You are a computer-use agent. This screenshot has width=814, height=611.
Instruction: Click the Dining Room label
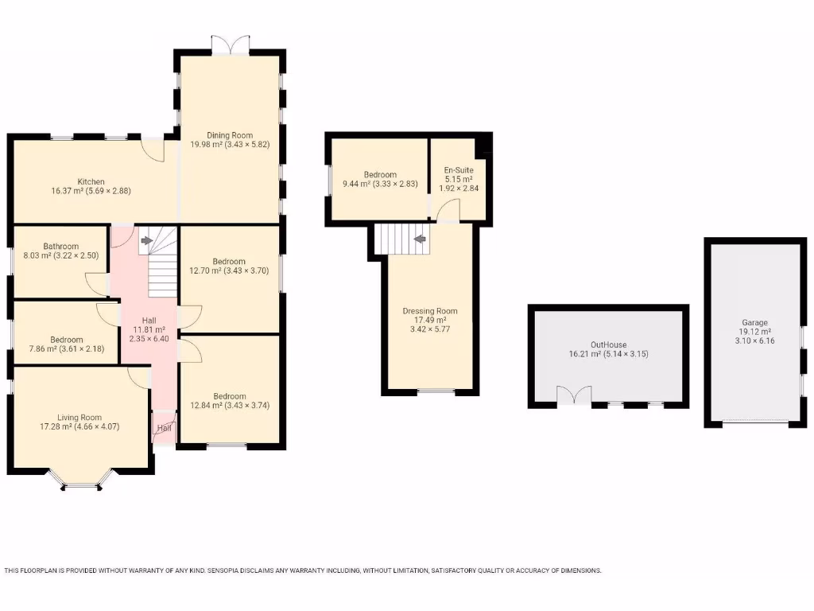click(229, 134)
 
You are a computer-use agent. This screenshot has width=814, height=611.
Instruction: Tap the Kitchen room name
click(91, 181)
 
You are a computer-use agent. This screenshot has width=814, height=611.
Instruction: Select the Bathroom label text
click(61, 246)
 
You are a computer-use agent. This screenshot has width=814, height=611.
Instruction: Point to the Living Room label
click(79, 417)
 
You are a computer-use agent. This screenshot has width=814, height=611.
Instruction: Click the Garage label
click(754, 322)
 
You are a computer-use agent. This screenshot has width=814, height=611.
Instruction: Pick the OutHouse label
click(608, 344)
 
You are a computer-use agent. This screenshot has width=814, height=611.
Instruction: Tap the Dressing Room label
click(430, 310)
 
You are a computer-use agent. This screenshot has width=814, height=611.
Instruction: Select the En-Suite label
click(458, 169)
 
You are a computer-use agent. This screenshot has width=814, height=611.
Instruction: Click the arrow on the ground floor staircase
click(146, 239)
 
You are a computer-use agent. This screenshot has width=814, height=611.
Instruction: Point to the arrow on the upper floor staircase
click(419, 238)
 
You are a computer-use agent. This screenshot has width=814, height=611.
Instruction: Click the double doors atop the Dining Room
click(230, 45)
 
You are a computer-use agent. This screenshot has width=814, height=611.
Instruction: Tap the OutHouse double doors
click(574, 395)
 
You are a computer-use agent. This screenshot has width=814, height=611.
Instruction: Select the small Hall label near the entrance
click(165, 428)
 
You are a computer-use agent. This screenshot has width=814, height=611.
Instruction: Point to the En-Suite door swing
click(448, 208)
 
